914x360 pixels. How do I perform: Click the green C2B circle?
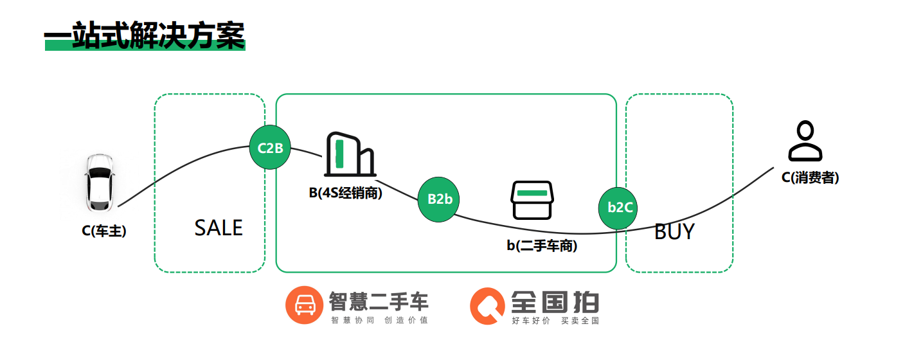270,148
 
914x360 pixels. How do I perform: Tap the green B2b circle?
440,199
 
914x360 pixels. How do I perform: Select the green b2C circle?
620,207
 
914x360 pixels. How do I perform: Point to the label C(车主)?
104,231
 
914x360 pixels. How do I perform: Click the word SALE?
219,228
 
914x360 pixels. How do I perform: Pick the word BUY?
674,231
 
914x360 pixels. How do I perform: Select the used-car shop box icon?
532,201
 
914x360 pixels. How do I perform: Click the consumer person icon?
805,142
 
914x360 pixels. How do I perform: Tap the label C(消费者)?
810,178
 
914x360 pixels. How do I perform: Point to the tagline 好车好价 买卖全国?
555,320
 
